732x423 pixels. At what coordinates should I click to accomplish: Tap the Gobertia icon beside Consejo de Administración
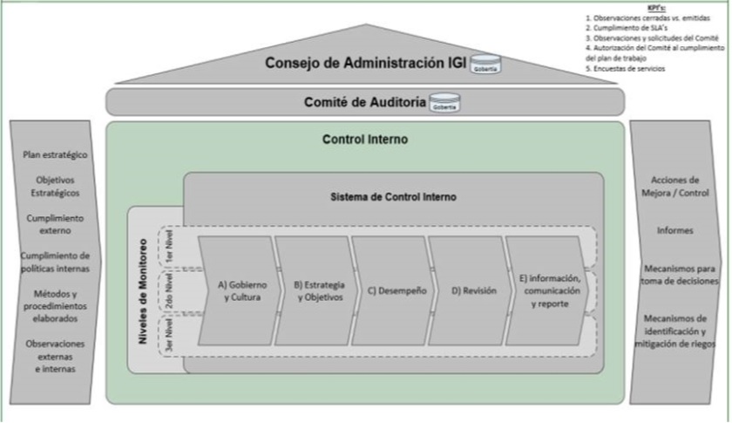485,66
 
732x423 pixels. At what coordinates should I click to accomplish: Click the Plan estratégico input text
56,154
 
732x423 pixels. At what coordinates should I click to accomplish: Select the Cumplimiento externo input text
56,224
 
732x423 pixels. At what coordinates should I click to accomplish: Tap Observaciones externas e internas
56,356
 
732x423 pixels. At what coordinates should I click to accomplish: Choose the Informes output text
676,231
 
